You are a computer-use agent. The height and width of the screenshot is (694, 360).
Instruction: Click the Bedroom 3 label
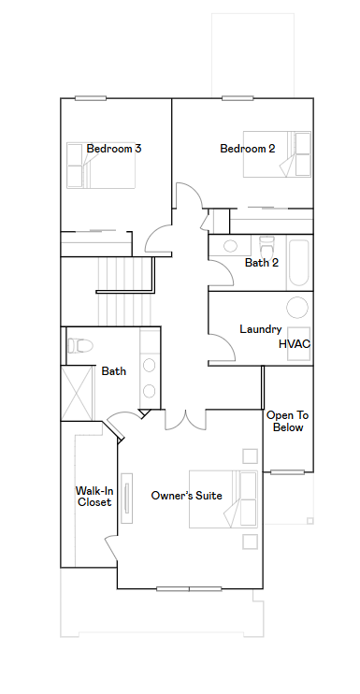point(114,149)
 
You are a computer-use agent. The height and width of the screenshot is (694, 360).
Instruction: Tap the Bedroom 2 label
point(247,149)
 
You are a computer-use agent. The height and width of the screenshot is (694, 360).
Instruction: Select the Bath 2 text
point(262,263)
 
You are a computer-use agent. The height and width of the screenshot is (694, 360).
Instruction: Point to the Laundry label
point(261,329)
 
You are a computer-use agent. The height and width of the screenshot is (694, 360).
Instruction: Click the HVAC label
point(295,344)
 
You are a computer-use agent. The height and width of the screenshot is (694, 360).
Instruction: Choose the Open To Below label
point(287,421)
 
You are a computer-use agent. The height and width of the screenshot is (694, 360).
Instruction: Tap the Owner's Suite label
point(187,496)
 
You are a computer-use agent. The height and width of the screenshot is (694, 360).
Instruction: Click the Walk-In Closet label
point(94,496)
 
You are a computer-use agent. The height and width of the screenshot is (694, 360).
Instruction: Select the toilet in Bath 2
point(266,248)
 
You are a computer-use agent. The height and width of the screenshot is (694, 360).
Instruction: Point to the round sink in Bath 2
point(230,246)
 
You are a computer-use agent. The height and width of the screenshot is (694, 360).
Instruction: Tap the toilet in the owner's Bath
point(80,345)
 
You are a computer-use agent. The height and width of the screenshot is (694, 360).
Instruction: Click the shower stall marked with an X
point(77,393)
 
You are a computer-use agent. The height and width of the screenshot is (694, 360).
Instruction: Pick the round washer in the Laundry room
point(297,307)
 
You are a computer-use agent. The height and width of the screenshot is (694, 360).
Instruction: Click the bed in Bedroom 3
point(101,166)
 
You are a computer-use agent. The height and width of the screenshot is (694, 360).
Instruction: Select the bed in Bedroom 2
point(278,154)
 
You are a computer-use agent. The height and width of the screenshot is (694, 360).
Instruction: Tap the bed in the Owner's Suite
point(223,499)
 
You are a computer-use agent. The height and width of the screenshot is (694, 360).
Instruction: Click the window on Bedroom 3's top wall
point(91,98)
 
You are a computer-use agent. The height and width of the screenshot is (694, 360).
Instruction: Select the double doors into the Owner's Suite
point(186,420)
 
